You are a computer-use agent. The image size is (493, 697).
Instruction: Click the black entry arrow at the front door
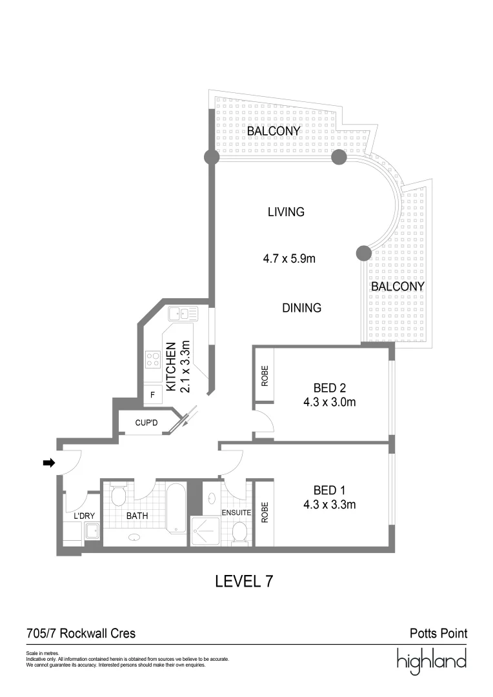[48, 463]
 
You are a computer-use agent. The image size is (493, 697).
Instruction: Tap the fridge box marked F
[152, 395]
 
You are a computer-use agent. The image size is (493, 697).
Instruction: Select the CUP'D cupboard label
[146, 422]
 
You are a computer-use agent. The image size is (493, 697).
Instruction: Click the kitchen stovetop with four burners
[152, 359]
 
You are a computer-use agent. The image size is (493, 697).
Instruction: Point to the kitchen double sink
[183, 314]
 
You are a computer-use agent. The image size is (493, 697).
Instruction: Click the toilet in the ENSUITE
[240, 532]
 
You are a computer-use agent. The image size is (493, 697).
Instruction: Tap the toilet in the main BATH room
[118, 494]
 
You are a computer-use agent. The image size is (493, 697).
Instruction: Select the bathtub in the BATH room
[176, 508]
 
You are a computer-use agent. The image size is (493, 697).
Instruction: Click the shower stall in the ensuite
[205, 530]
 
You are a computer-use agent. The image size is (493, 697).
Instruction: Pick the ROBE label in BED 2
[265, 376]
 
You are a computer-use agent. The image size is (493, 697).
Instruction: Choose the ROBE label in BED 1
[265, 512]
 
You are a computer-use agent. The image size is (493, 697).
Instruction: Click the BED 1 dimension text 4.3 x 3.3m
[329, 505]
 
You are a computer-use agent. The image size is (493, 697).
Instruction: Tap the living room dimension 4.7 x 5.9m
[289, 258]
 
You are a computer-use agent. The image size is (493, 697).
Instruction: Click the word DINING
[301, 308]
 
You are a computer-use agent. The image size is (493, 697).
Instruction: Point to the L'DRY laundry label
[84, 516]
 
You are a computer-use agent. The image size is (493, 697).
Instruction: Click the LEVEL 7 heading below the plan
[244, 581]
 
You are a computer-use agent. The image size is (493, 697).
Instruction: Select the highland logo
[432, 661]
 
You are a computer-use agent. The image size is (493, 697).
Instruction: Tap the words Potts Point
[438, 633]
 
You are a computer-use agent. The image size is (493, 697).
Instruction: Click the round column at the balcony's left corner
[211, 157]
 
